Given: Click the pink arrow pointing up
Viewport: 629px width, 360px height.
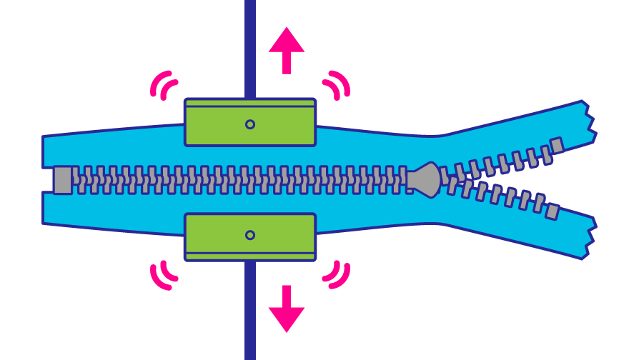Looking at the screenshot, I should [287, 49].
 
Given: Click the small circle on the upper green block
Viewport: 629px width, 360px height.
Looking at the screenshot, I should [250, 124].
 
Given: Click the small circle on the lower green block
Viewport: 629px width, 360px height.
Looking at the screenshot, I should [250, 235].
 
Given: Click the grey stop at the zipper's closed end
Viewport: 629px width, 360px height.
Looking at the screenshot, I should [63, 180].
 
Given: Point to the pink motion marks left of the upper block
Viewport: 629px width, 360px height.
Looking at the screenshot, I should [164, 85].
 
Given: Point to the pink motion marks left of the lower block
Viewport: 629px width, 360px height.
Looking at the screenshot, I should [164, 274].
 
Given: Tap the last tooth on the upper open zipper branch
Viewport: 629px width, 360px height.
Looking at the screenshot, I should [557, 145].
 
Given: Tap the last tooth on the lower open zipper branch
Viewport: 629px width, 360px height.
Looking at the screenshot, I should [552, 211].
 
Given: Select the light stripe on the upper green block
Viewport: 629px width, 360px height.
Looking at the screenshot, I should [250, 104].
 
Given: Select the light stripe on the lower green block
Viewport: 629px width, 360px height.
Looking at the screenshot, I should [250, 256].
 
